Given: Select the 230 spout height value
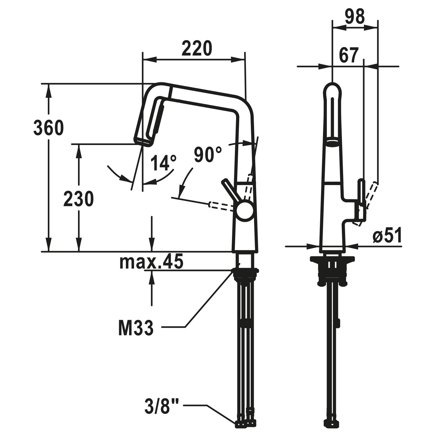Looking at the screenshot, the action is click(x=79, y=199).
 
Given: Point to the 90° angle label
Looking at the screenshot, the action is click(x=208, y=154).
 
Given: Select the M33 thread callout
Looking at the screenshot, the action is click(x=136, y=328).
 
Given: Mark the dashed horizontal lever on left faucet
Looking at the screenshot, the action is click(x=223, y=206).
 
